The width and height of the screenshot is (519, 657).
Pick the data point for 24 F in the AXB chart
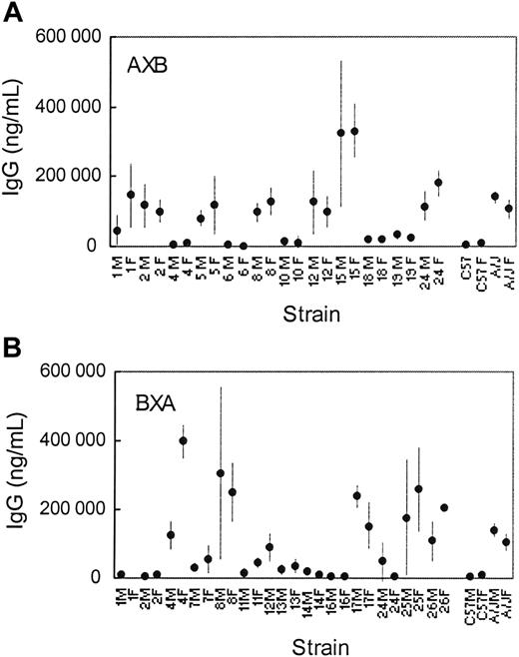[x=438, y=182]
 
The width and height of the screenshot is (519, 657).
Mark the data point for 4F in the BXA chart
[x=183, y=440]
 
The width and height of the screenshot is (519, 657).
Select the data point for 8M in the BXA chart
[x=221, y=472]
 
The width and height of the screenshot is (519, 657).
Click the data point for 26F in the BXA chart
[x=443, y=507]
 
